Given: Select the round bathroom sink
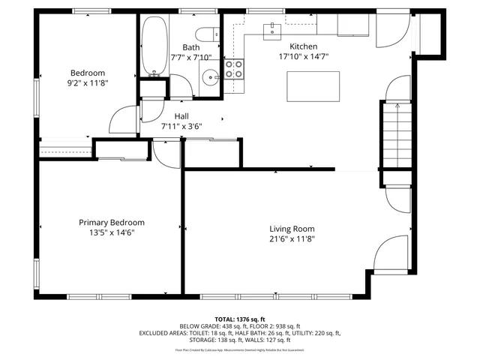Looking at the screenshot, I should pos(210,74).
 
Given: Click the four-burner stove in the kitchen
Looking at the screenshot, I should pos(235,69).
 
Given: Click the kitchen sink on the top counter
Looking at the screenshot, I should pos(271,29).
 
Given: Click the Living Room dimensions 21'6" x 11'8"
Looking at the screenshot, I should pos(292,239).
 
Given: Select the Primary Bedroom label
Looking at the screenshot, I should pos(112,223).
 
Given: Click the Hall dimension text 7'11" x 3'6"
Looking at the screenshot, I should pos(181,126).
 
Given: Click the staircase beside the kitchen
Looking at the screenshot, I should pos(396,135).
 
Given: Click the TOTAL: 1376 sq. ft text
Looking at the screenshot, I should pos(239,318).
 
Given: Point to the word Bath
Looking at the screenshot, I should pos(190,47).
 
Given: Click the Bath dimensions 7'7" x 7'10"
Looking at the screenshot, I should pos(190,57).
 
